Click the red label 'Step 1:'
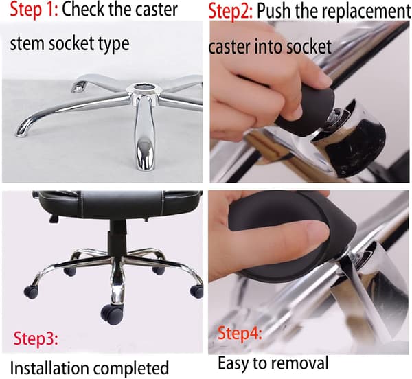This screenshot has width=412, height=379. [x=34, y=10]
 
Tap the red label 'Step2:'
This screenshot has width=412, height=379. [x=231, y=11]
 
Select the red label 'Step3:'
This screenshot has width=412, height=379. [x=36, y=338]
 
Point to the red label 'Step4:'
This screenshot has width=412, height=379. [x=240, y=333]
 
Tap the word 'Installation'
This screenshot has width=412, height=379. [x=49, y=368]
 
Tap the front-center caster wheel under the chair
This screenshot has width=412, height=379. [x=111, y=314]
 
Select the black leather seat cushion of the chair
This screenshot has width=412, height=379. [x=119, y=203]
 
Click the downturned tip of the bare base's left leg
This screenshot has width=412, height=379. [x=20, y=130]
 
